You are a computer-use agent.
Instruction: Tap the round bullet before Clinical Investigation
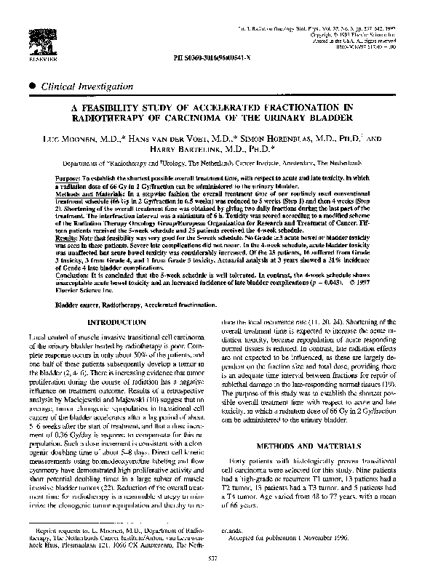[33, 85]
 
